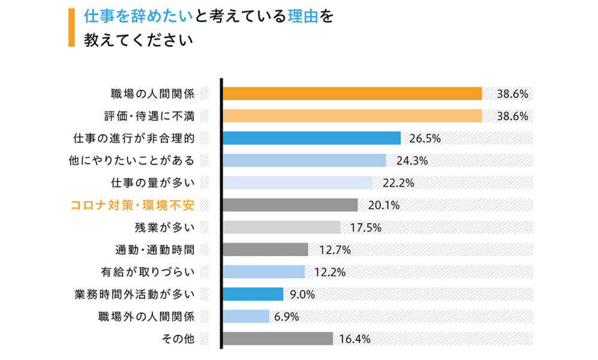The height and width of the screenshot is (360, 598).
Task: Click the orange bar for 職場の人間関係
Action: click(x=352, y=94)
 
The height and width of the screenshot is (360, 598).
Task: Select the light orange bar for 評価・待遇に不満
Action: click(x=352, y=116)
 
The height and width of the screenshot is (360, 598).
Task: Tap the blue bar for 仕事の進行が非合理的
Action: click(x=312, y=138)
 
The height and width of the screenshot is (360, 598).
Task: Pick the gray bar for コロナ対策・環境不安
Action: click(x=290, y=205)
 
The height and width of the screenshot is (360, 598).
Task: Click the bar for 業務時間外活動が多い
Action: click(x=253, y=294)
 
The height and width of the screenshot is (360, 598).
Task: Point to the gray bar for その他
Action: click(x=277, y=338)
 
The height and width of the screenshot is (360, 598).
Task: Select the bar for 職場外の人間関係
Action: click(x=246, y=316)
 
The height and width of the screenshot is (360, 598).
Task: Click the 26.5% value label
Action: click(x=425, y=139)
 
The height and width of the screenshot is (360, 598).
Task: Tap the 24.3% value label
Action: click(x=411, y=161)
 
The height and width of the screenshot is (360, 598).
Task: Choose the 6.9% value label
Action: click(x=286, y=317)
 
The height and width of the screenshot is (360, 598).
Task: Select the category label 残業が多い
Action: click(x=164, y=228)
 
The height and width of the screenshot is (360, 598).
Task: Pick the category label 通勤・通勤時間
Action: click(x=154, y=250)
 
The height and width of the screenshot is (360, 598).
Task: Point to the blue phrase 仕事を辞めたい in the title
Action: click(x=138, y=16)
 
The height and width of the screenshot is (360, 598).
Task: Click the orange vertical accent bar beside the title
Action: click(x=71, y=28)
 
